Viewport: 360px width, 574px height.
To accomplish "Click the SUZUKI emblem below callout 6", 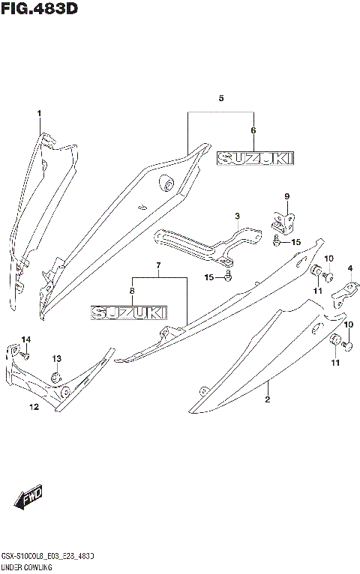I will tap(255, 158).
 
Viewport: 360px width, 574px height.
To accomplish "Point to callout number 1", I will tap(39, 113).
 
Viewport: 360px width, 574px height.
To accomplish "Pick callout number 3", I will tap(236, 217).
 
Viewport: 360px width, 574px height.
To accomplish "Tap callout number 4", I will tap(349, 269).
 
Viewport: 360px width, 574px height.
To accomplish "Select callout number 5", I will tap(220, 98).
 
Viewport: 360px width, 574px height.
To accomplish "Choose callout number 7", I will tap(158, 266).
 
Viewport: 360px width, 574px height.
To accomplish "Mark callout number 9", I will tap(286, 196).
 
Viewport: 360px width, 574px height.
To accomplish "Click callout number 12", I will tap(34, 407).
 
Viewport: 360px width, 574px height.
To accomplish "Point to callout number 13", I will tap(57, 359).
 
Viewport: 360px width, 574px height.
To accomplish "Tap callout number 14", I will tap(25, 340).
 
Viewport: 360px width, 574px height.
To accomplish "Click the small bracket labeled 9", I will tap(283, 221).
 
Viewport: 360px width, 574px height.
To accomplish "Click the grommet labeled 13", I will tap(56, 376).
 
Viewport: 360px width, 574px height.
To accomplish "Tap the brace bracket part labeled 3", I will tap(202, 244).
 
